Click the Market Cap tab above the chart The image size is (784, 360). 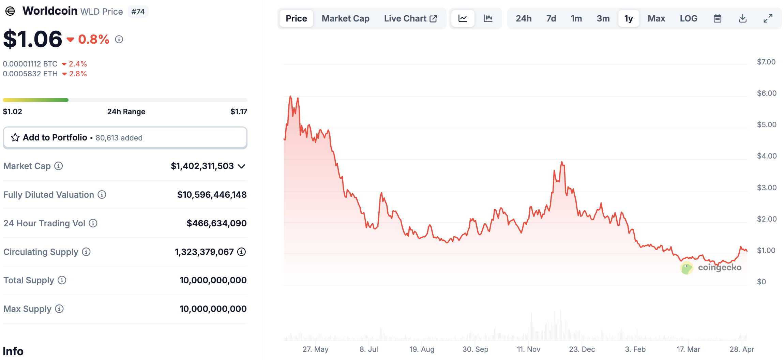click(345, 18)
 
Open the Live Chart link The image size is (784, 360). click(410, 18)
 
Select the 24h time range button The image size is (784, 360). click(523, 18)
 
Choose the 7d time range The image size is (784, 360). click(551, 18)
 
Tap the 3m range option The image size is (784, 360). click(603, 18)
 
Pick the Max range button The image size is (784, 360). click(656, 18)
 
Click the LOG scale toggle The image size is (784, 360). click(688, 18)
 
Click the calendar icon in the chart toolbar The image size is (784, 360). click(717, 18)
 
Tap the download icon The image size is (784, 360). click(742, 18)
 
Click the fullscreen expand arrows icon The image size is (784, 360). click(768, 18)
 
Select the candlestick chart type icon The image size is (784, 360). click(488, 18)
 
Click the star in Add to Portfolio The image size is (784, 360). click(15, 137)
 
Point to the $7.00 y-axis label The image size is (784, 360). click(766, 62)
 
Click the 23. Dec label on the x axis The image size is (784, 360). click(582, 349)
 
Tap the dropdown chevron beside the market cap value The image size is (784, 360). click(242, 166)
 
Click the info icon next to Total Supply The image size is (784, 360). click(62, 280)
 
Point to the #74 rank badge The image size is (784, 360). click(138, 12)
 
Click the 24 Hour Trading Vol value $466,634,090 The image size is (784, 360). click(216, 223)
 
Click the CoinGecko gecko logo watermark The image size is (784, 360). click(687, 268)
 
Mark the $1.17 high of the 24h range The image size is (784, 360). click(239, 111)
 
